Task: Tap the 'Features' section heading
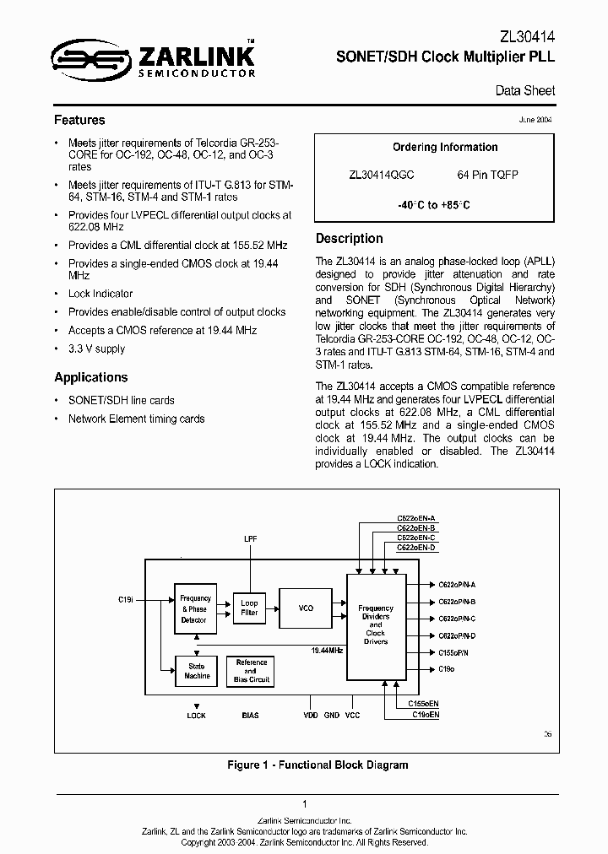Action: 79,120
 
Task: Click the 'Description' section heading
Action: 349,238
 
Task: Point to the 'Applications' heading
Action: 90,377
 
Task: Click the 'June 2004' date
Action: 535,120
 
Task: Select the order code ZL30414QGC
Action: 382,175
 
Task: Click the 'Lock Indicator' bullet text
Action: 100,294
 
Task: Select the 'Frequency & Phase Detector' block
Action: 195,608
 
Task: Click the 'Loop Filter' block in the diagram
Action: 249,608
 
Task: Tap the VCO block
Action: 306,608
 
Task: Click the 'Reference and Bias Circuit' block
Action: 251,671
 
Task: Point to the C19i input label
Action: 126,598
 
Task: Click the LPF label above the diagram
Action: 251,538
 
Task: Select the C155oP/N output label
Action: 454,652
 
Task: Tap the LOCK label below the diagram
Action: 196,716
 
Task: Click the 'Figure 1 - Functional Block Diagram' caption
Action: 318,765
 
